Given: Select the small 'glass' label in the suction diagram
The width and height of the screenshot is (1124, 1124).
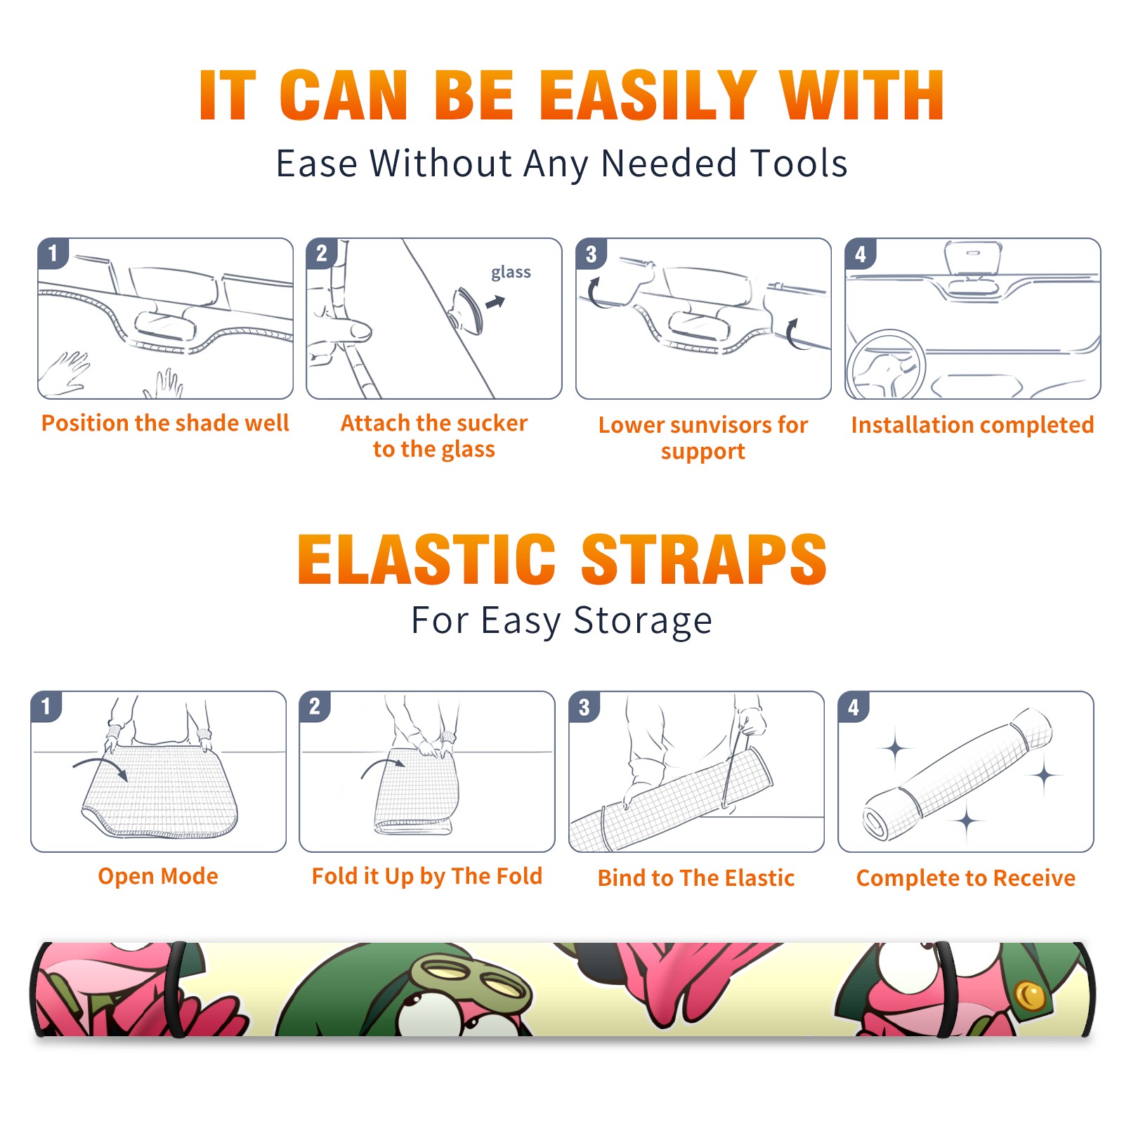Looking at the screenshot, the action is [511, 273].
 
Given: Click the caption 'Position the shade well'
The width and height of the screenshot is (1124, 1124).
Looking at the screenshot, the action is [165, 423].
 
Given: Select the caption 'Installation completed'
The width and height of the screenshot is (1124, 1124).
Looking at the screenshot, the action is [972, 425].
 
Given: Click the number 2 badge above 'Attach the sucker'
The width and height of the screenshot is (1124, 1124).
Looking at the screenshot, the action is [322, 253].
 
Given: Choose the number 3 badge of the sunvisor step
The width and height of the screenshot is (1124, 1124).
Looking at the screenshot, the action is [592, 254].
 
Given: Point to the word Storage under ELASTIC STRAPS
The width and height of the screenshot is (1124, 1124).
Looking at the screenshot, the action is [643, 621].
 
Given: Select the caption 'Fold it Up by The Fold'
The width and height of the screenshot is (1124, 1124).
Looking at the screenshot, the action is [427, 877].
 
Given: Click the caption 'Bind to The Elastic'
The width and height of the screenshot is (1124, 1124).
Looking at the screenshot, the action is [696, 878].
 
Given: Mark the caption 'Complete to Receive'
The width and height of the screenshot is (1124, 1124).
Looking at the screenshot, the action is [966, 878].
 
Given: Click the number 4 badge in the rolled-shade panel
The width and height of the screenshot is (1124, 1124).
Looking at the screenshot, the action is [854, 707].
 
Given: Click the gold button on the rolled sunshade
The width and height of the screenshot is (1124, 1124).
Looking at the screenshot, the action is [1031, 995].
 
